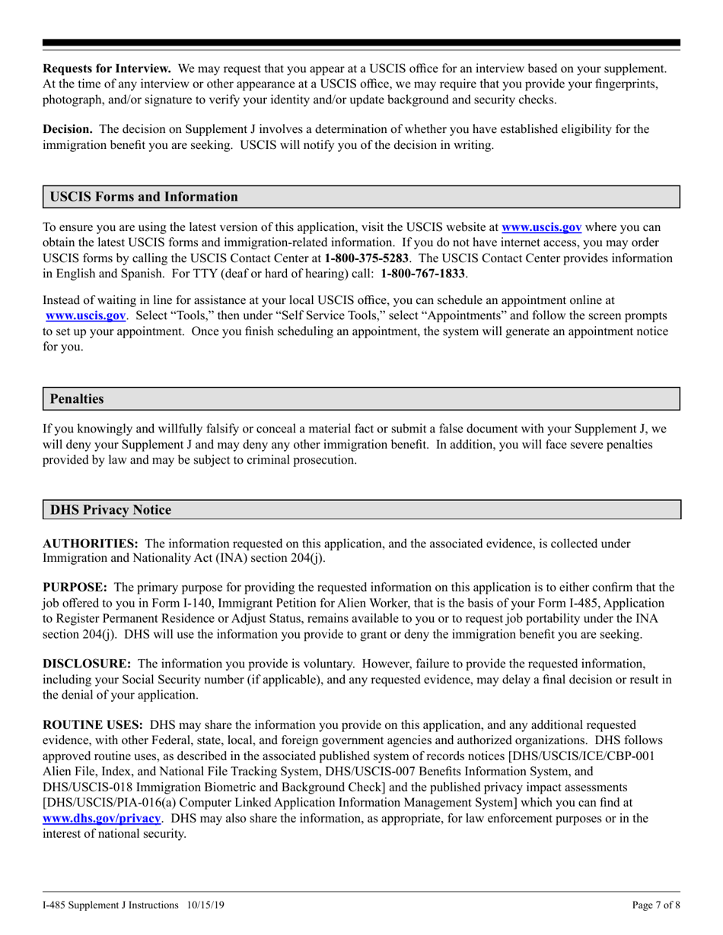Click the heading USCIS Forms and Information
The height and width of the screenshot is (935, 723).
(x=144, y=197)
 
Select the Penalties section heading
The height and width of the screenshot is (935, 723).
(x=77, y=399)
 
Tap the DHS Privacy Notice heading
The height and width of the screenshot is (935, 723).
(x=110, y=510)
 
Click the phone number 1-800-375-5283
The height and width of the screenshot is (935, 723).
(x=367, y=258)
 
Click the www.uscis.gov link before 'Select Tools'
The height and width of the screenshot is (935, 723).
(x=86, y=314)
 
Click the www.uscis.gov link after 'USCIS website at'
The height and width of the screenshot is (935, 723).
(x=542, y=227)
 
